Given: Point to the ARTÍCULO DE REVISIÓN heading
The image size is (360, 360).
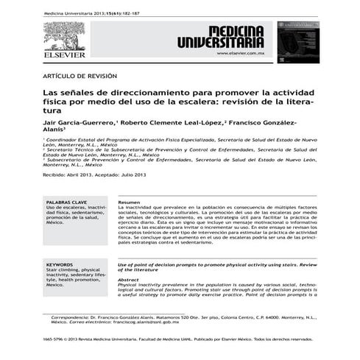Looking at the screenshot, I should pos(80,76).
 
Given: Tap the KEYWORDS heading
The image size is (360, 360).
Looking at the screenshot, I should pos(60,264).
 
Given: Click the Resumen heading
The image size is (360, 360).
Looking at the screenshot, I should pos(129,202).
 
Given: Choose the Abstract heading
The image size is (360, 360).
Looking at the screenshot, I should pos(129,279).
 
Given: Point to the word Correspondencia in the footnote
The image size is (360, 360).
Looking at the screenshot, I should pos(74,316).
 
